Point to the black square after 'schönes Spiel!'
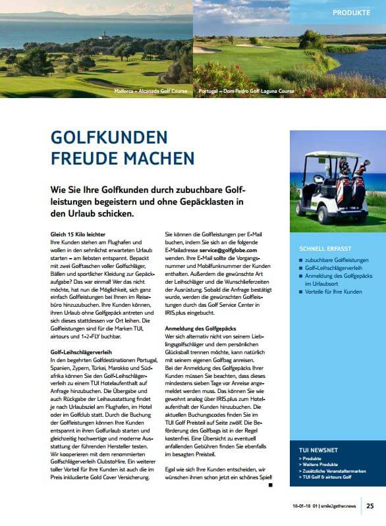271,485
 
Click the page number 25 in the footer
370,506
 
